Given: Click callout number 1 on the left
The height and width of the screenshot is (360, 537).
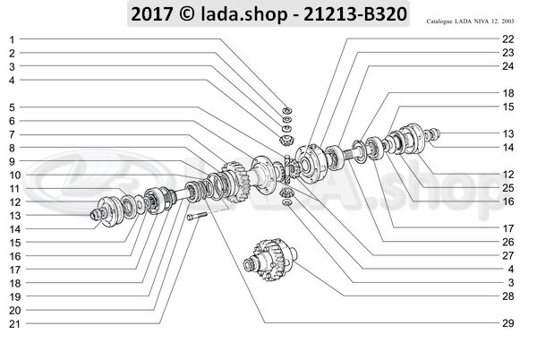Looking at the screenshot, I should point(13,40).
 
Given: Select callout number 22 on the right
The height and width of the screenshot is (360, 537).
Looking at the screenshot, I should point(508,40).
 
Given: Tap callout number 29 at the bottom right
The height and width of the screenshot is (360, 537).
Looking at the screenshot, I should point(508,321).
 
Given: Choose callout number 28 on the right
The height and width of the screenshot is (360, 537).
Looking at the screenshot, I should point(508,295).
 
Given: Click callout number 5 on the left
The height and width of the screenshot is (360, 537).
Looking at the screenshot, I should point(13,107).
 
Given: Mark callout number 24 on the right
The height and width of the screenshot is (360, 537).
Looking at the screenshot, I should point(508,66).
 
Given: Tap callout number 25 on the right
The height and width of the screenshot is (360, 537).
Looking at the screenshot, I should point(508,187).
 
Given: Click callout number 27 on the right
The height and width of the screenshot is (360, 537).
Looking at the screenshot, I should point(508,254).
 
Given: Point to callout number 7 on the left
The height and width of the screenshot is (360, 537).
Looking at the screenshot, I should point(13,133).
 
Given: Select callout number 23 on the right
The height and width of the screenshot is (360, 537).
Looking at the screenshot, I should point(508,53).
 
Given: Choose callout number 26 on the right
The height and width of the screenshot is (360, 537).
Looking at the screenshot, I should point(508,241).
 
